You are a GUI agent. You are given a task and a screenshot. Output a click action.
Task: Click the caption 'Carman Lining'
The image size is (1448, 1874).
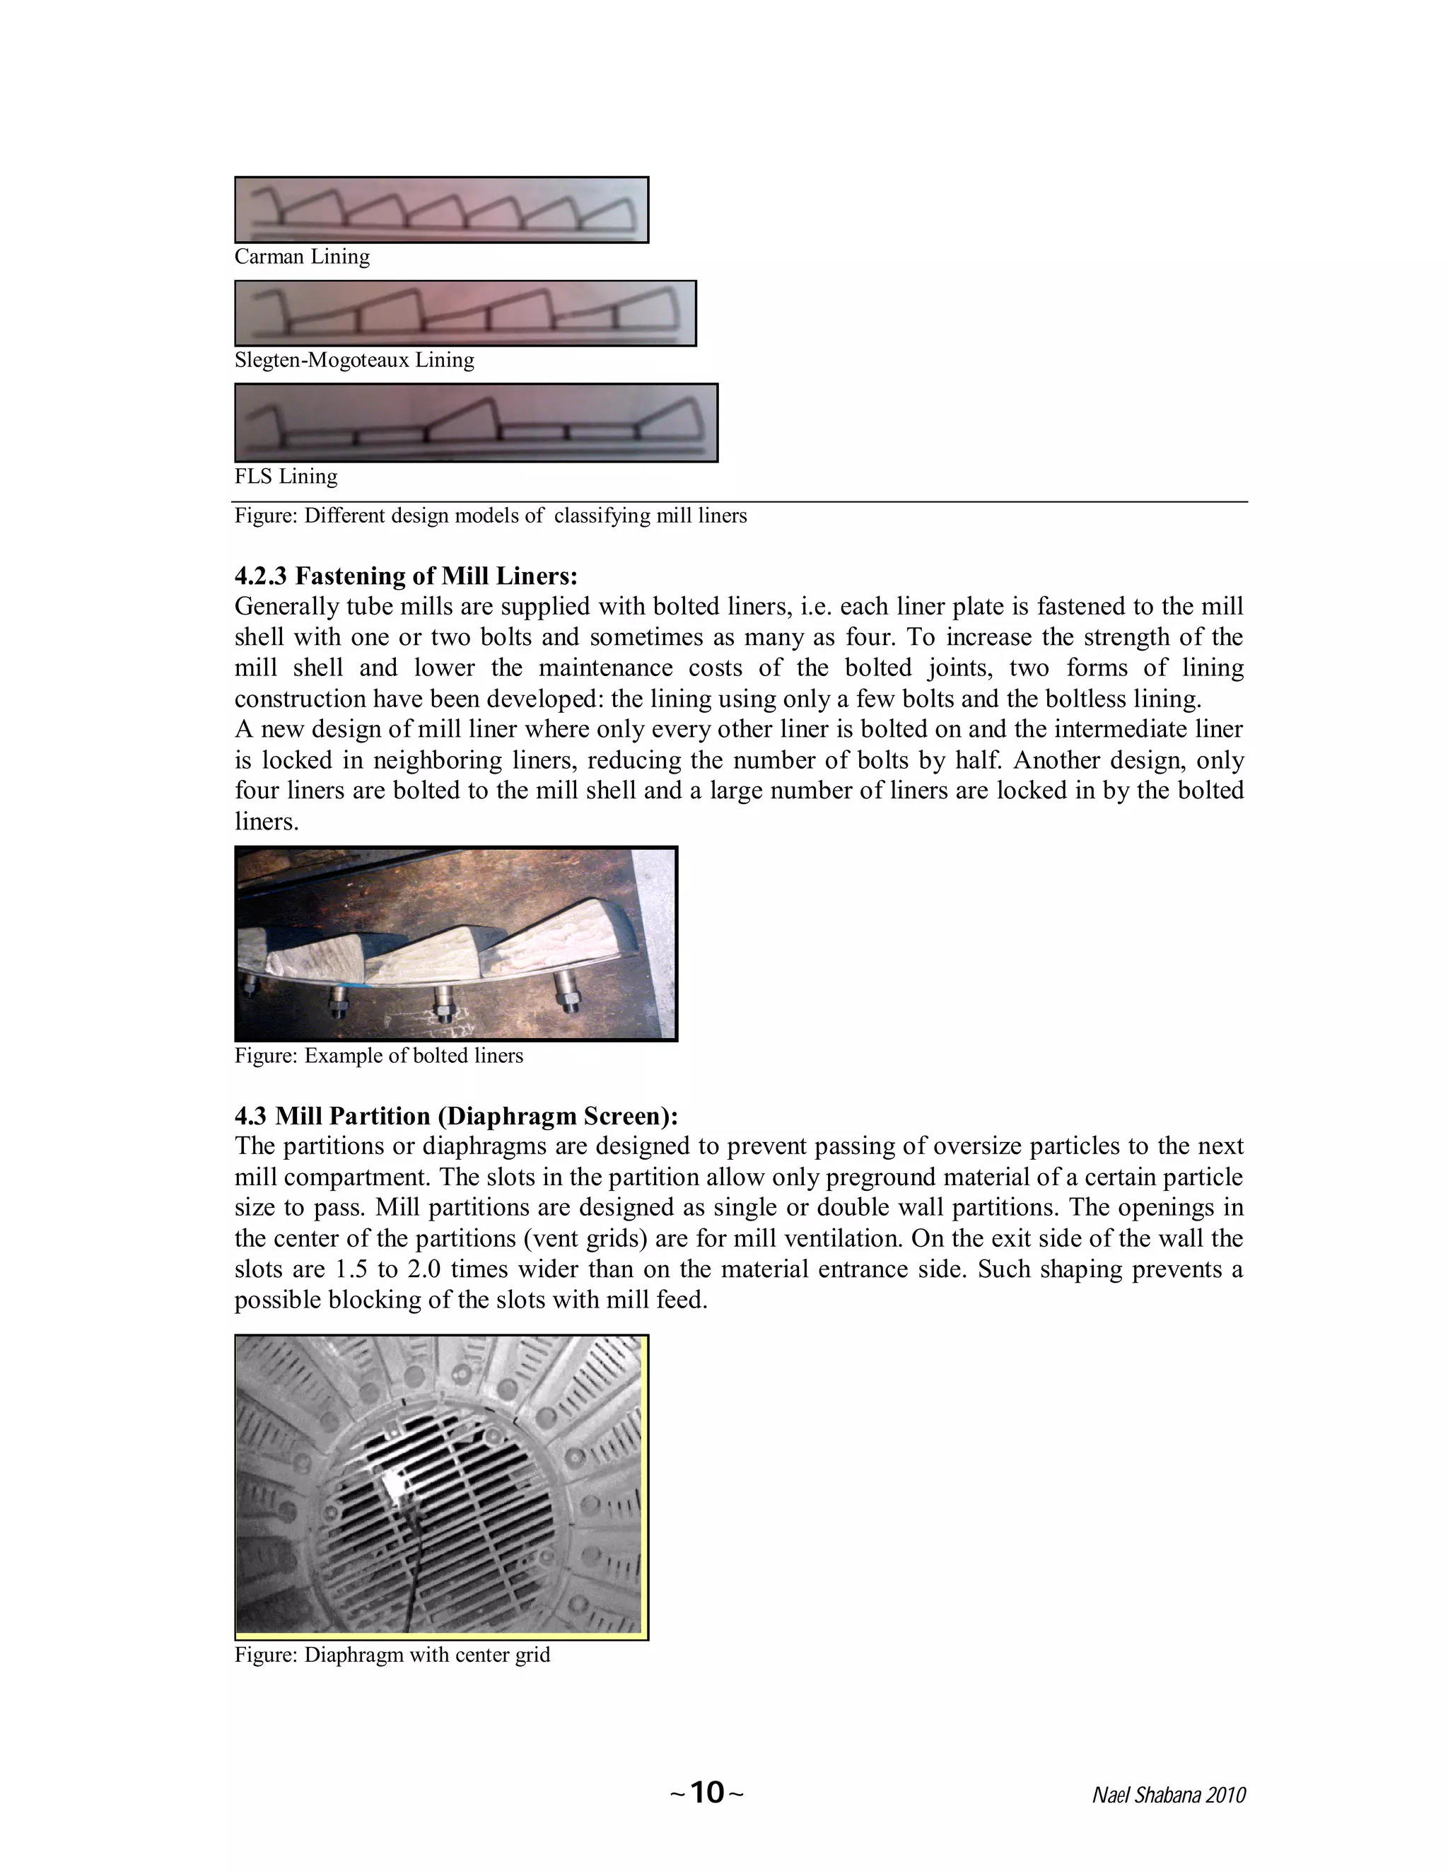pyautogui.click(x=302, y=257)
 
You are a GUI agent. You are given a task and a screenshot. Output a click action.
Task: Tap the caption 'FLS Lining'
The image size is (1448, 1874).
pyautogui.click(x=286, y=476)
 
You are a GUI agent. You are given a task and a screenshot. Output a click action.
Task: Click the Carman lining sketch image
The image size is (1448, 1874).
pyautogui.click(x=441, y=210)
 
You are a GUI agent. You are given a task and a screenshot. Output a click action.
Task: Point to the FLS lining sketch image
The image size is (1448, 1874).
pyautogui.click(x=476, y=423)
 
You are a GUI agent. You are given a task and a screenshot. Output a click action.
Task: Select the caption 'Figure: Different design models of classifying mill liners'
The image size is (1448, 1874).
pyautogui.click(x=491, y=516)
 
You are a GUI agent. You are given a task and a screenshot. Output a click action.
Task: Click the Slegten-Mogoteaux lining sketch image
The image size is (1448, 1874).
pyautogui.click(x=465, y=313)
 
